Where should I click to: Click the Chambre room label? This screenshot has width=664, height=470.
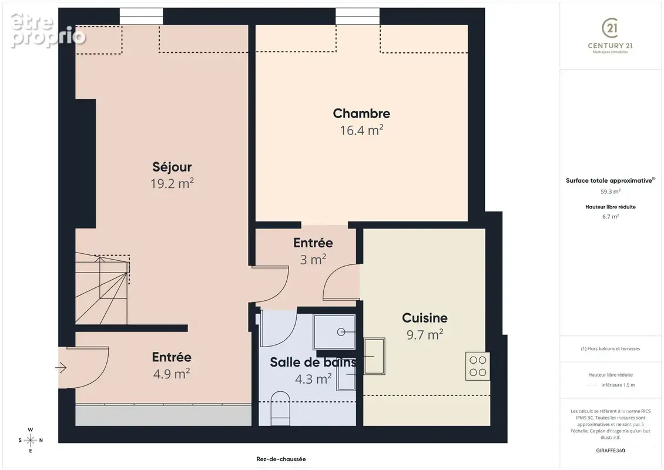coord(361,113)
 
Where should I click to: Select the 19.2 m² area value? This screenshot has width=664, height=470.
coord(172,183)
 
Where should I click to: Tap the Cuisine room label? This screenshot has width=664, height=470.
coord(425,318)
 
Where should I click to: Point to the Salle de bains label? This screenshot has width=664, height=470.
coord(313,362)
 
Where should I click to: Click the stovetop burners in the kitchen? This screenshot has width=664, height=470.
coord(478,366)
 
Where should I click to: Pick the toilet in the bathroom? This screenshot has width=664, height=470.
coord(280,408)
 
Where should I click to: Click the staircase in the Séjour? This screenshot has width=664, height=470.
coord(102,289)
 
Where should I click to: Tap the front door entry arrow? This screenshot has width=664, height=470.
coord(61,368)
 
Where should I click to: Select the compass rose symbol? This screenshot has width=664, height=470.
coord(31,441)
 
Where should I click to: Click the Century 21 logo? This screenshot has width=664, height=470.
coord(610,36)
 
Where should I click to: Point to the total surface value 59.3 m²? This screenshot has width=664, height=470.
coord(610,192)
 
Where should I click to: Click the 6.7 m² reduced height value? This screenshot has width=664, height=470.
coord(610,216)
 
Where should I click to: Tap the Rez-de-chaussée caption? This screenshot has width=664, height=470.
coord(281,459)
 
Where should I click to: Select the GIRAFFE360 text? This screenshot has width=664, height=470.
coord(610,451)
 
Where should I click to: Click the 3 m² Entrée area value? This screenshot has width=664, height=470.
coord(313,260)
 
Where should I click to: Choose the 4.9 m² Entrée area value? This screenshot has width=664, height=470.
coord(172,374)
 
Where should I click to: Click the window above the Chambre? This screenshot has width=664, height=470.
coord(358,16)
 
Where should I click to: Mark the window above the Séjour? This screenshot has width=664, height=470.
coord(142,16)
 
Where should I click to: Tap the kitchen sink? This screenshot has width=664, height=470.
coord(375,356)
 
